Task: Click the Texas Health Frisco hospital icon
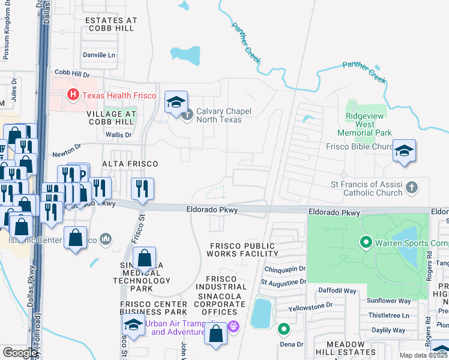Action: tap(73, 94)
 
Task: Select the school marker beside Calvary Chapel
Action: tap(176, 103)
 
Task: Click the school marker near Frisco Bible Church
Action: tap(404, 151)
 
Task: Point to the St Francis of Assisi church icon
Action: tap(411, 187)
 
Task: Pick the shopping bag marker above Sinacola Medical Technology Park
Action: tap(145, 259)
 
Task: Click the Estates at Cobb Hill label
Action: tap(111, 24)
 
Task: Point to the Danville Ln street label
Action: tap(99, 55)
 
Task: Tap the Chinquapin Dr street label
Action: tap(285, 269)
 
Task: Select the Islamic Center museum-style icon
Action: tap(106, 239)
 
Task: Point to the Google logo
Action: tap(20, 353)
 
